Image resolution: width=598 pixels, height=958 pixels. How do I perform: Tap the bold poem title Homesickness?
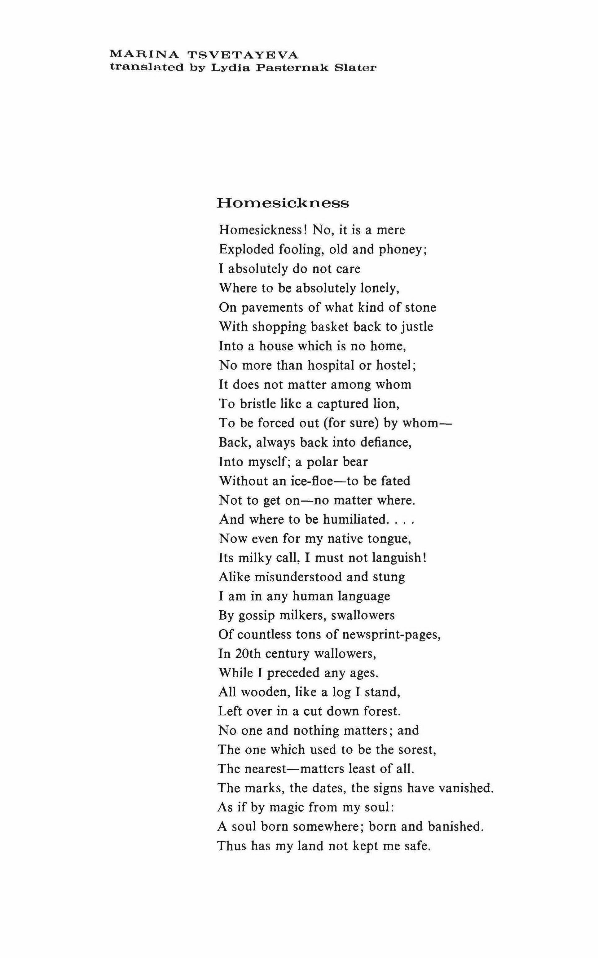(x=283, y=203)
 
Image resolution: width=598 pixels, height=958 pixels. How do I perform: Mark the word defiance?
(x=386, y=442)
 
